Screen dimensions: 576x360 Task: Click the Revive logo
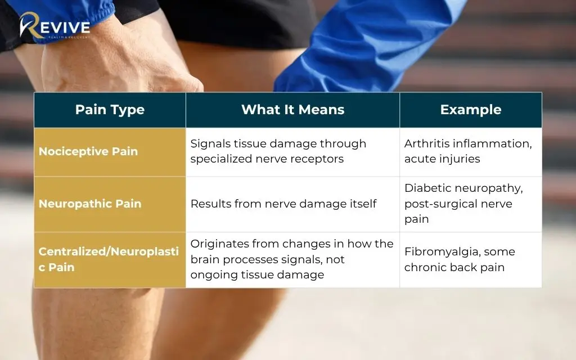tap(55, 26)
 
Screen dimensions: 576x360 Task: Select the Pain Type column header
tap(110, 110)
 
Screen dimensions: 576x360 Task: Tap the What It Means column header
tap(292, 110)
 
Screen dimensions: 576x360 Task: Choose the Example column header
tap(471, 110)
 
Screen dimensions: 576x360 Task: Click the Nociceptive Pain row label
tap(88, 151)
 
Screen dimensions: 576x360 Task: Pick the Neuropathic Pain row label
tap(90, 204)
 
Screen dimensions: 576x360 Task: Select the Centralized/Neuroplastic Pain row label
tap(109, 259)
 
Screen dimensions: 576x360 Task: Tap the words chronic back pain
tap(454, 267)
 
